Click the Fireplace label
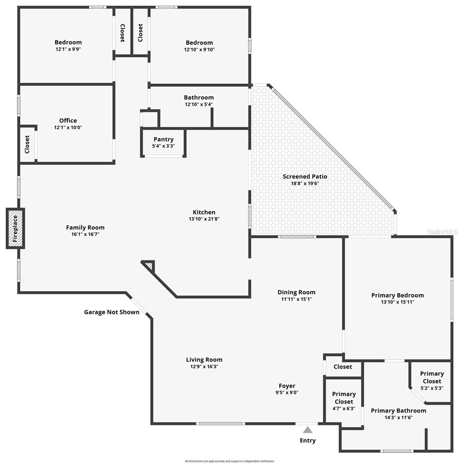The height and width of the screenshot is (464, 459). click(x=15, y=228)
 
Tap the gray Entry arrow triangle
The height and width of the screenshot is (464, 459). click(x=308, y=430)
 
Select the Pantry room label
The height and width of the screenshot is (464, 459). click(x=163, y=139)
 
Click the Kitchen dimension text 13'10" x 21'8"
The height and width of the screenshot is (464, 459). click(x=204, y=219)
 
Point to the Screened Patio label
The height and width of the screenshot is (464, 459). click(x=305, y=176)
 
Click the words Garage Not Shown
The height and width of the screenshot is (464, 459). click(x=112, y=312)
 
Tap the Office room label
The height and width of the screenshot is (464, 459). click(x=68, y=120)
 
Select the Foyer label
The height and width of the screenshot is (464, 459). click(x=287, y=386)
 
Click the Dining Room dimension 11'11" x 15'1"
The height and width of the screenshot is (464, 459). click(x=296, y=299)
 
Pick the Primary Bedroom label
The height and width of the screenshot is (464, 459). click(x=398, y=295)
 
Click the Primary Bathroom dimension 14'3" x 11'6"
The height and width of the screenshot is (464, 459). click(x=399, y=417)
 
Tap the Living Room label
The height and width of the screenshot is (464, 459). click(x=204, y=360)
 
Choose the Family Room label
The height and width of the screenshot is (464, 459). click(x=85, y=227)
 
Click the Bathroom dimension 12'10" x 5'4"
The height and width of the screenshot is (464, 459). click(x=199, y=104)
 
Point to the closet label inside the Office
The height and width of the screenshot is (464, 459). click(x=27, y=144)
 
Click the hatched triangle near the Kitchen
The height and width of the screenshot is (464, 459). click(x=150, y=266)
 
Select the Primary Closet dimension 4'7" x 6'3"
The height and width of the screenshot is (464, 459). click(x=344, y=408)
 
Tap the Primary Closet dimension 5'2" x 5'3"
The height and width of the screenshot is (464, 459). click(x=432, y=388)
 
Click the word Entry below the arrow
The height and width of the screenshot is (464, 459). click(x=308, y=440)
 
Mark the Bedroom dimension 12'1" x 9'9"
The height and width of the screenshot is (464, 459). click(x=68, y=49)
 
